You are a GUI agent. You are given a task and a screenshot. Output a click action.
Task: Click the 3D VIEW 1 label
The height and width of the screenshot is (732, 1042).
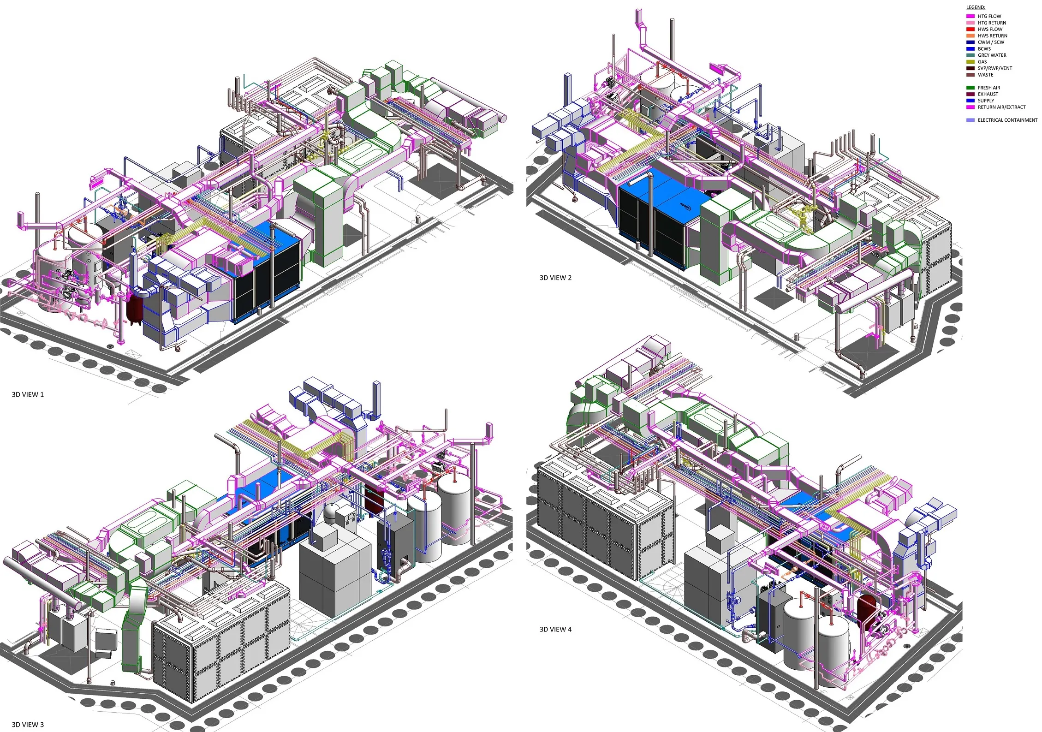28,394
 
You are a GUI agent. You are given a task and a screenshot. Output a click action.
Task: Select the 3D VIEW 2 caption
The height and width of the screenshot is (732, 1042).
555,278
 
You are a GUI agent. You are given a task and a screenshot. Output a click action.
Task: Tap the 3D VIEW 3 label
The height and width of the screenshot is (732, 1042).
28,725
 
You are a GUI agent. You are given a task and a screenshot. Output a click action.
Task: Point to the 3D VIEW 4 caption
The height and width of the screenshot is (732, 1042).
555,629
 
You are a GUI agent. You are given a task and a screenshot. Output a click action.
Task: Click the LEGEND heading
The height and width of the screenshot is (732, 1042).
976,7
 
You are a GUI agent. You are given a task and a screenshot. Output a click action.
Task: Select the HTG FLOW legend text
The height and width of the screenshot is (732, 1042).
989,16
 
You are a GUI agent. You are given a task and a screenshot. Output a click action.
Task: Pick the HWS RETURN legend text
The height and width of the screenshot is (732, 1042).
993,36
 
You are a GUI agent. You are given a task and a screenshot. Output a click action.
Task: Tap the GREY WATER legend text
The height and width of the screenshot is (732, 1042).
992,55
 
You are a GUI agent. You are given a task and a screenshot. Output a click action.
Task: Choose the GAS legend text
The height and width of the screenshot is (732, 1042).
982,61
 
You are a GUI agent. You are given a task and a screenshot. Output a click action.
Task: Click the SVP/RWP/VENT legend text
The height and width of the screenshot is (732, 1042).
995,68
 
